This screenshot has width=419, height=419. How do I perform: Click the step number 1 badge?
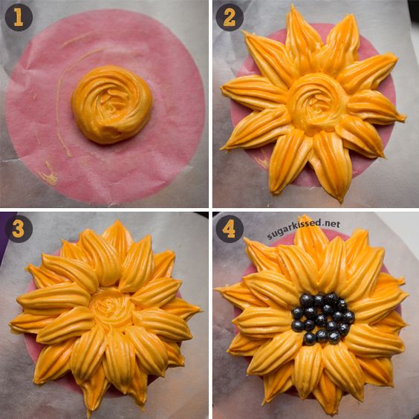pos(19,17)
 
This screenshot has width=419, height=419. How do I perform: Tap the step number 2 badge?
pos(230,17)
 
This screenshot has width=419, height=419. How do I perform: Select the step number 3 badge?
pos(19,229)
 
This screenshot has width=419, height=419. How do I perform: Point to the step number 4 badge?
pos(230,229)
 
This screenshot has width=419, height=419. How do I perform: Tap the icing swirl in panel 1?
pos(111,104)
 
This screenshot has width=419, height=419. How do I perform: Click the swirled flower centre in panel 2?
pos(317,103)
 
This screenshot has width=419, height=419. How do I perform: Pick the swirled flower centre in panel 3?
pos(111,308)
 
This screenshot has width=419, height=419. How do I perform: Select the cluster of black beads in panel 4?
pos(323,319)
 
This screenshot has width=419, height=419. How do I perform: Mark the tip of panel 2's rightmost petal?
pos(406,117)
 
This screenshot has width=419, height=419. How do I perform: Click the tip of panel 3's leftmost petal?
pos(10,324)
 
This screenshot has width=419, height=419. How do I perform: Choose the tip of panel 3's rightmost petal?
pos(200,311)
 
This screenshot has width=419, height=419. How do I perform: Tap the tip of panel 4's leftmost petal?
pos(216,288)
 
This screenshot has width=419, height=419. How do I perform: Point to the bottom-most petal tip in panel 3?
pos(89,416)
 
